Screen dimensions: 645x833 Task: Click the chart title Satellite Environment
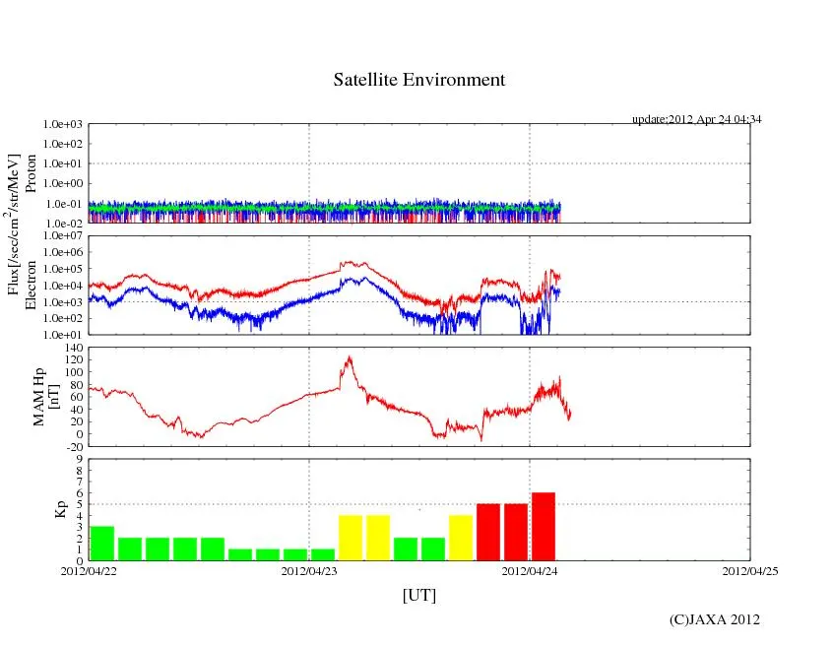tap(418, 80)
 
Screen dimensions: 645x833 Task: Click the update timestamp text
tap(696, 119)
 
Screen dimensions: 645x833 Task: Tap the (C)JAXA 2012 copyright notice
tap(714, 619)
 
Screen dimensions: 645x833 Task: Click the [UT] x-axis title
tap(418, 595)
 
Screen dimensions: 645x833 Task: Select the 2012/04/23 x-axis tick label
tap(309, 570)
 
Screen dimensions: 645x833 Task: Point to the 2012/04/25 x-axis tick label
tap(750, 570)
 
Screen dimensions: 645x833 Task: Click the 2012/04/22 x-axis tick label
tap(89, 570)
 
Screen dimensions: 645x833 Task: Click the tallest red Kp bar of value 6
tap(544, 526)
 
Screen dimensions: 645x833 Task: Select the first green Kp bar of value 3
tap(102, 543)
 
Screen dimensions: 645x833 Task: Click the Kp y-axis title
tap(59, 509)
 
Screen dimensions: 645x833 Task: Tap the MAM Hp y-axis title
tap(46, 391)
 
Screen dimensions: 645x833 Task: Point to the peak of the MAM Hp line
tap(347, 357)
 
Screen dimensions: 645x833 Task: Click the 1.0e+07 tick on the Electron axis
tap(64, 236)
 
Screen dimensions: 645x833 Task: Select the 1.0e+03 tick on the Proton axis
tap(64, 125)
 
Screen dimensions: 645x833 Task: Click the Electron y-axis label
tap(31, 286)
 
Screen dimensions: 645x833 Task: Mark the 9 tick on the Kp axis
tap(78, 458)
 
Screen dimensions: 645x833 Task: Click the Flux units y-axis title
tap(14, 225)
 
